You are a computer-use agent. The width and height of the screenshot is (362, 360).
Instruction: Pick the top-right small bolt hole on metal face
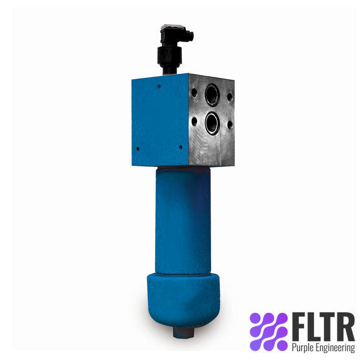point(230,97)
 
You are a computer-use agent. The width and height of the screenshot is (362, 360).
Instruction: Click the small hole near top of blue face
point(159,86)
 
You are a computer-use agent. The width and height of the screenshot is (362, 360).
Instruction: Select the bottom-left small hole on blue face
point(138,148)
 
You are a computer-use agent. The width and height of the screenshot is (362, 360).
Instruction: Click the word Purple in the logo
point(302,348)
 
